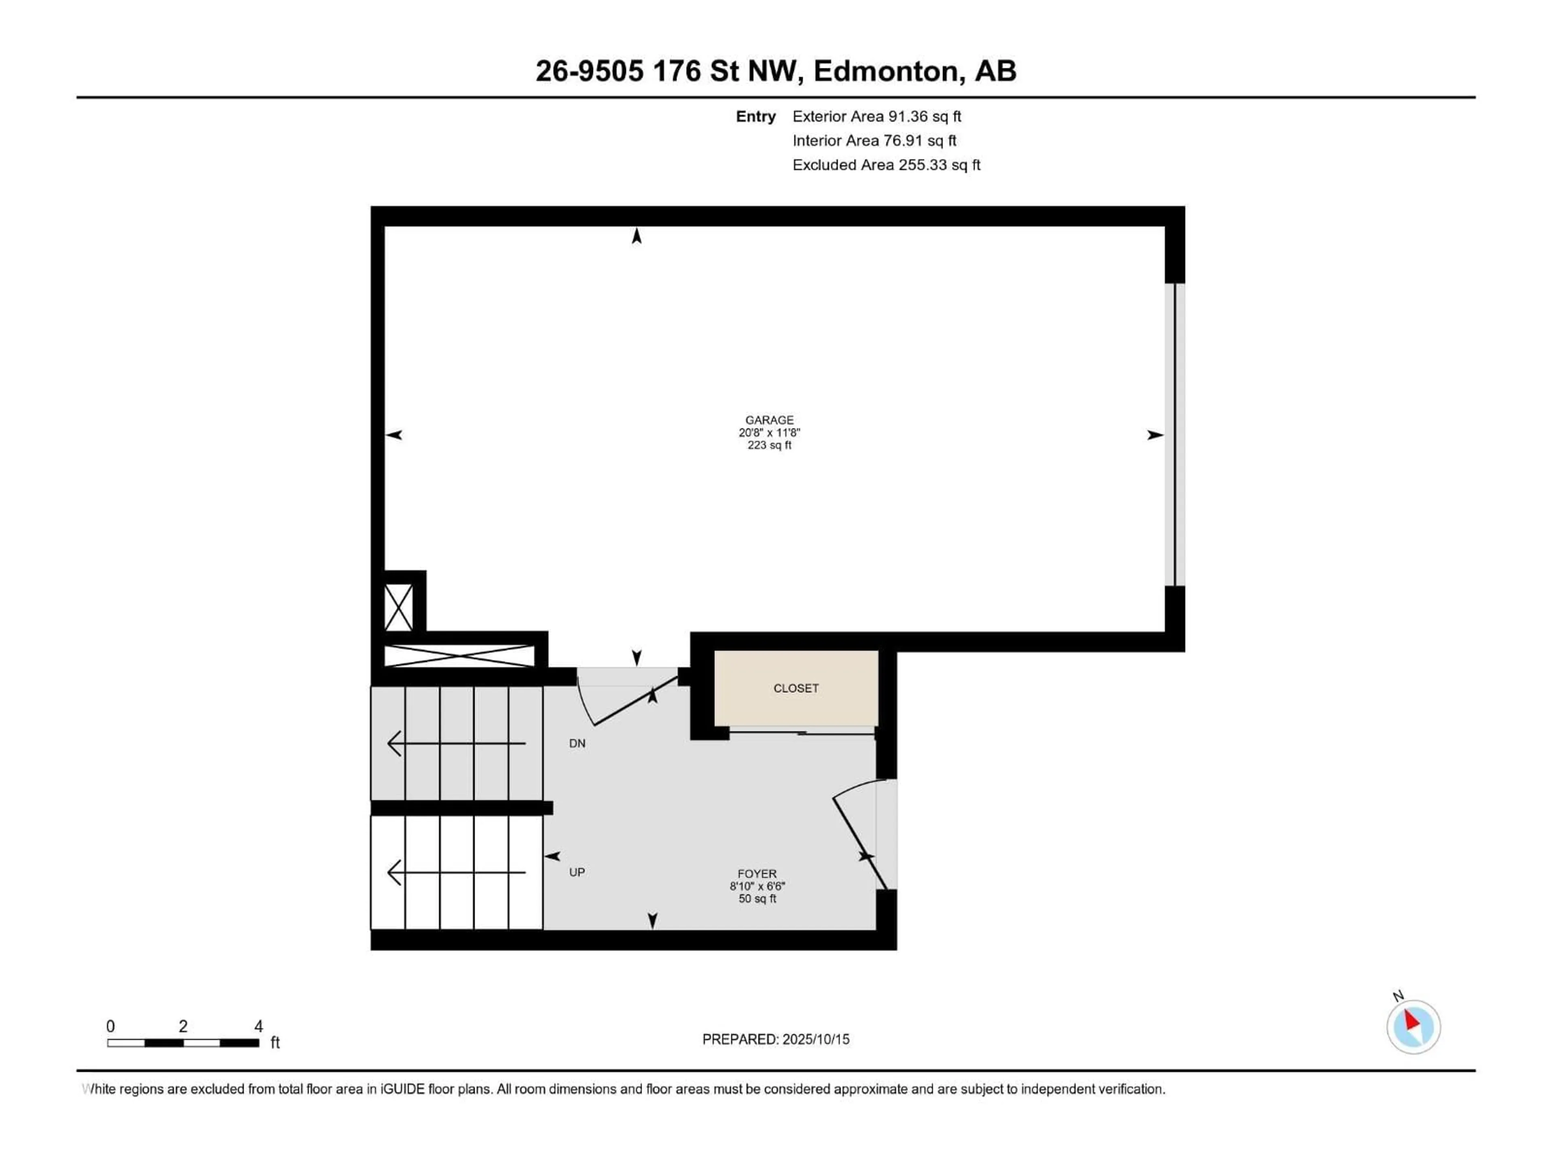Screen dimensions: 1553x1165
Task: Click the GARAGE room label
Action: pos(770,420)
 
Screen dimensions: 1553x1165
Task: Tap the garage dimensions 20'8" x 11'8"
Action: pos(770,432)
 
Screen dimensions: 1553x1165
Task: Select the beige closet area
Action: pos(796,688)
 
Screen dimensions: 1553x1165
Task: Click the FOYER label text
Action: pos(757,874)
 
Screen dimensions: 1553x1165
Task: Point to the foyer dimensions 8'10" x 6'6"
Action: pos(757,886)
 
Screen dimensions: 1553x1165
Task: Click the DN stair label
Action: pos(577,743)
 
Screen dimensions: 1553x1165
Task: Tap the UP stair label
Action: pos(577,872)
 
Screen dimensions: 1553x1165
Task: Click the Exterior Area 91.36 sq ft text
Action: pos(877,116)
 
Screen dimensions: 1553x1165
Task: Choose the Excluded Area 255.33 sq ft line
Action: pos(886,165)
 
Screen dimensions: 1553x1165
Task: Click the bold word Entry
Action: pos(755,116)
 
